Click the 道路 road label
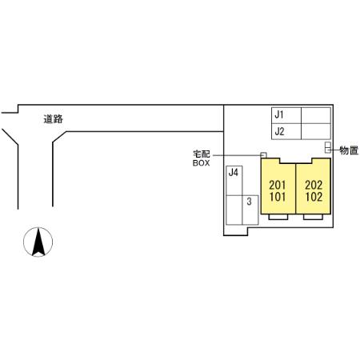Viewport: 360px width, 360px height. click(x=53, y=119)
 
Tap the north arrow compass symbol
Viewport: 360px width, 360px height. click(x=38, y=242)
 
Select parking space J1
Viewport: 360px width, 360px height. click(x=286, y=115)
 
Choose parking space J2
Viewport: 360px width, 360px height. click(x=286, y=131)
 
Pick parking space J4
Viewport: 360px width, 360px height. click(x=234, y=181)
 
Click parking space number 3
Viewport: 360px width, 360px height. click(x=250, y=210)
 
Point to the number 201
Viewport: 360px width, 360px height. click(x=278, y=185)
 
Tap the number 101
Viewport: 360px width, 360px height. click(x=278, y=197)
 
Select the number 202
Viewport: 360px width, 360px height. click(x=314, y=185)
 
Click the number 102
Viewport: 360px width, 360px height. click(x=314, y=197)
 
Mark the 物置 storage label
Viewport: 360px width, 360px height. click(x=349, y=150)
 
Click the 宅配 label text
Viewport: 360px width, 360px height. click(x=202, y=154)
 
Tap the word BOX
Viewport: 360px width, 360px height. click(x=202, y=163)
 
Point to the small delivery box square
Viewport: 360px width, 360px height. click(x=263, y=155)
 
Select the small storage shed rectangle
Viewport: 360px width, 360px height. click(x=328, y=147)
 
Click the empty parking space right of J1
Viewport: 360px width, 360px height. click(x=316, y=115)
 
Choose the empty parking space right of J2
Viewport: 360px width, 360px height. click(x=316, y=131)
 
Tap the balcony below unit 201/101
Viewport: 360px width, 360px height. click(x=278, y=217)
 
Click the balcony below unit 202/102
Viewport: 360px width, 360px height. click(x=314, y=217)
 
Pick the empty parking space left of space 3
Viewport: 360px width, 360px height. click(x=234, y=210)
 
